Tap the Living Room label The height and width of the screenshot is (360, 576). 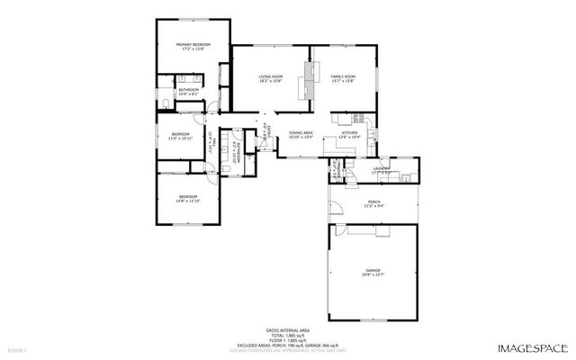[x=271, y=78]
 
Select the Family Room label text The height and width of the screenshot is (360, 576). [x=343, y=78]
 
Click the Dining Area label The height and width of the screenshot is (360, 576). [x=301, y=135]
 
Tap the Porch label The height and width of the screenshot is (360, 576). [x=373, y=203]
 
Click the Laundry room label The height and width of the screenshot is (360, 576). [x=382, y=168]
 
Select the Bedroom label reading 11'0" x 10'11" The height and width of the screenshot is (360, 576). [x=181, y=137]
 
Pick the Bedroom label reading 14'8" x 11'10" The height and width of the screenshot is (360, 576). [x=187, y=198]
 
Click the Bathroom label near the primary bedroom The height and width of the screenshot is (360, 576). [x=188, y=92]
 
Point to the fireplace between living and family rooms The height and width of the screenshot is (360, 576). [x=311, y=79]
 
